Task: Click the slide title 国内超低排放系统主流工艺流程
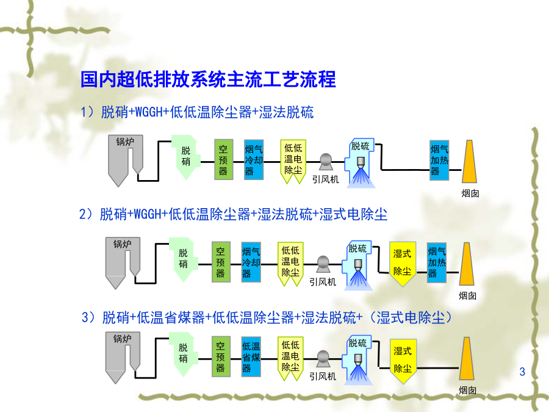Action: pos(208,79)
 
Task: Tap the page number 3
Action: pos(522,371)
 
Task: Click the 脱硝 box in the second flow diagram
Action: pos(183,259)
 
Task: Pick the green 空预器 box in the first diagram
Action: pos(223,159)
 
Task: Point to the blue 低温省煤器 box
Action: pos(251,356)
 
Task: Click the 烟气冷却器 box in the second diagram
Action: pos(251,262)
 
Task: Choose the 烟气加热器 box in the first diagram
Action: pos(439,160)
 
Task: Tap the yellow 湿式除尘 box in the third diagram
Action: pos(403,360)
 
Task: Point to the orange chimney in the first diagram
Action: pos(470,162)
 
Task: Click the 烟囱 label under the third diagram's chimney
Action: pos(467,390)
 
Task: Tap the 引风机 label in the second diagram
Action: pos(323,281)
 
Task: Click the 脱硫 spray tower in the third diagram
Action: pos(357,360)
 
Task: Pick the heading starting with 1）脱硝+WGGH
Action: pos(197,112)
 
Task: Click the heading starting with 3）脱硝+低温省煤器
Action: pos(267,317)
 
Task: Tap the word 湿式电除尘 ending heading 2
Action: pos(353,214)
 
